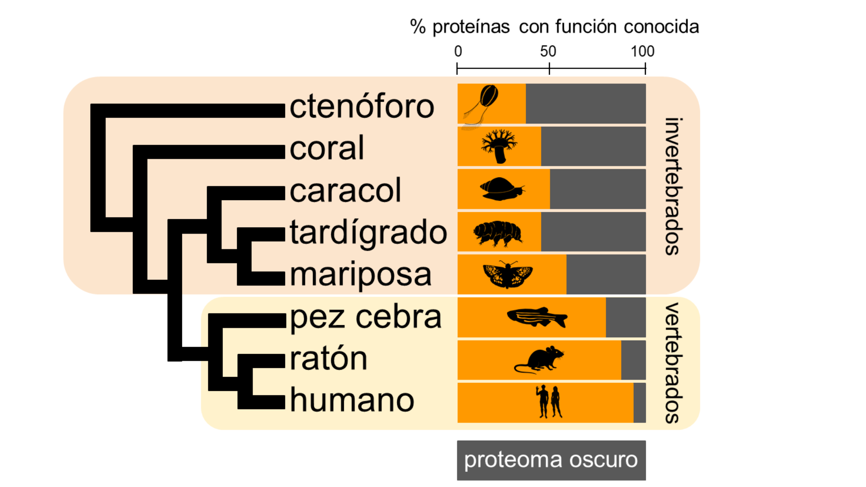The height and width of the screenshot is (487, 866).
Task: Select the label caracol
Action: point(345,190)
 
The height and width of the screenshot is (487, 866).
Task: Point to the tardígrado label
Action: point(368,233)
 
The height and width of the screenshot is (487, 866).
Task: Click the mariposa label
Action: point(360,274)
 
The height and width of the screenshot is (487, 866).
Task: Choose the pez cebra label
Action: point(365,317)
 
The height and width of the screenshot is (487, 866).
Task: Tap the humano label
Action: point(352,400)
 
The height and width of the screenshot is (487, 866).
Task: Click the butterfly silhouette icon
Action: point(507,275)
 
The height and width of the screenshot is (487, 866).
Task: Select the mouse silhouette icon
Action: point(539,360)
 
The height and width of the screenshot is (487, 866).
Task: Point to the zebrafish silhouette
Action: point(537,317)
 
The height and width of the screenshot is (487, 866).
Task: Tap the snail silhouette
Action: point(502,189)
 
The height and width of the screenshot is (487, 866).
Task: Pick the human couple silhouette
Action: point(549,402)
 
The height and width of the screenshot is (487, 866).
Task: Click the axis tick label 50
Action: point(548,51)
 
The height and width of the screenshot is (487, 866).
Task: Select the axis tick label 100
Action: point(642,51)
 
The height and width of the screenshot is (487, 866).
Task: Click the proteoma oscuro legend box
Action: point(551,460)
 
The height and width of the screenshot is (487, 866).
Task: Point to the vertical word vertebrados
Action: point(672,363)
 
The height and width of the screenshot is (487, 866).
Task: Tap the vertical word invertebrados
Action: point(672,187)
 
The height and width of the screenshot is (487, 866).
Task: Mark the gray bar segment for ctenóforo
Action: point(585,103)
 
